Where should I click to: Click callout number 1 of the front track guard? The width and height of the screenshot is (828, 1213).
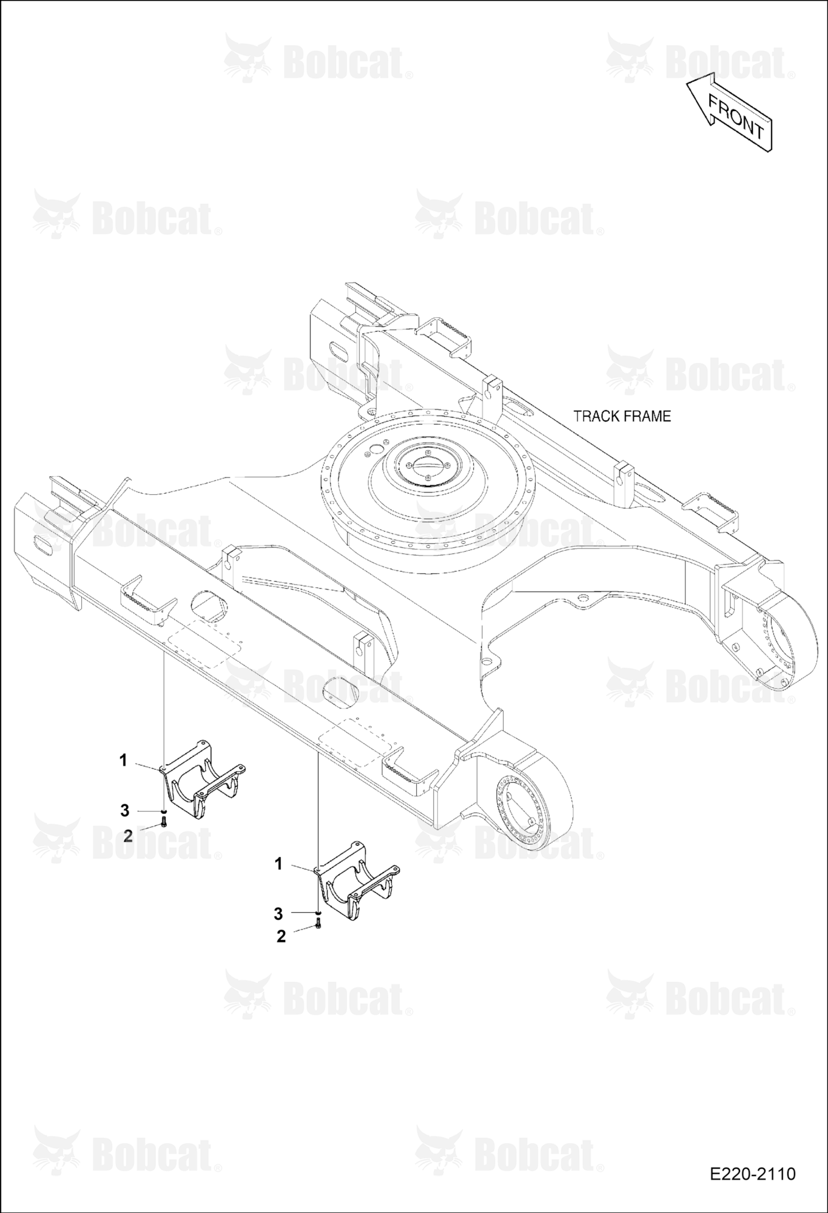pyautogui.click(x=123, y=760)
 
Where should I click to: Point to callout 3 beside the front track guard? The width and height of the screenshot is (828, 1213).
pyautogui.click(x=125, y=810)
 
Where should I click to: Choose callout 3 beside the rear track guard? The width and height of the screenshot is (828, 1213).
pyautogui.click(x=278, y=913)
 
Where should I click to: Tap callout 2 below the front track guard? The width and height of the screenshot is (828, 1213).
pyautogui.click(x=127, y=835)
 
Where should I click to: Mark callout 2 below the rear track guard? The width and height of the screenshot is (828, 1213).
pyautogui.click(x=281, y=936)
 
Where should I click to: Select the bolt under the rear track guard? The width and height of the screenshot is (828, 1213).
pyautogui.click(x=318, y=924)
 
